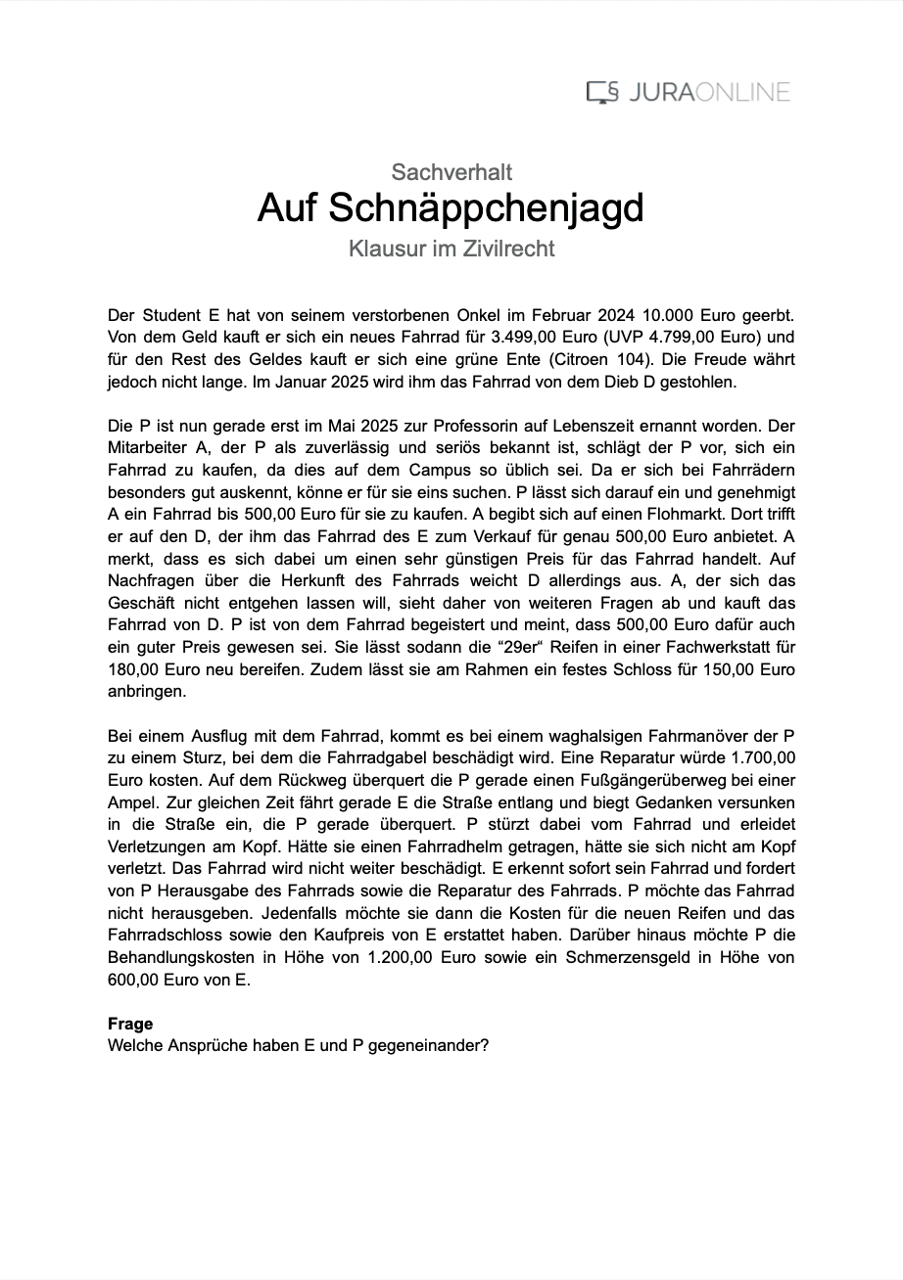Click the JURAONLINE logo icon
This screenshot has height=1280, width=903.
point(602,93)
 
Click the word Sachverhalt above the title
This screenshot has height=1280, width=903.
point(451,172)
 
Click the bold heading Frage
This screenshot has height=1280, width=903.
point(130,1024)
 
